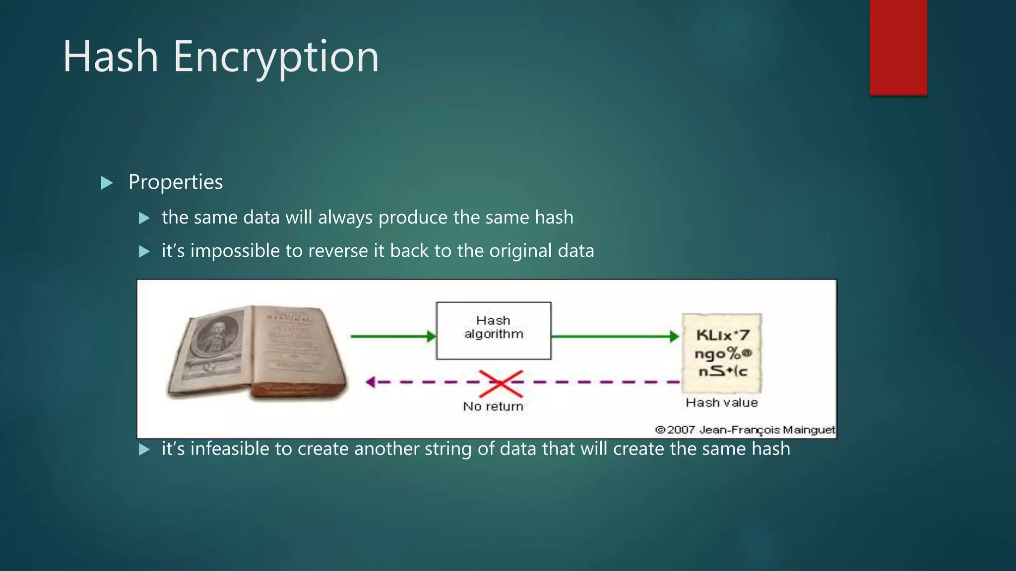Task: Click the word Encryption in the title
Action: pos(276,57)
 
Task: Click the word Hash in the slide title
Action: pos(110,57)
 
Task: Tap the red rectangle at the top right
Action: pos(898,47)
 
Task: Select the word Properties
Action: pos(176,182)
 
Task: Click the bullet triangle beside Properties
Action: pos(107,183)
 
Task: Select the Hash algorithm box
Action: pos(493,330)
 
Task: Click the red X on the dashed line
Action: pos(501,383)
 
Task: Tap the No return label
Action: pos(493,406)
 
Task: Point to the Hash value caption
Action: pos(722,402)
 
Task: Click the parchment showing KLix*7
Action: pos(722,353)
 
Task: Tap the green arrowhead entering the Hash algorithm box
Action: pos(431,337)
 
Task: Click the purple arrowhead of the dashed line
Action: pos(370,382)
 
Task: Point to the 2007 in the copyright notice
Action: pos(681,430)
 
